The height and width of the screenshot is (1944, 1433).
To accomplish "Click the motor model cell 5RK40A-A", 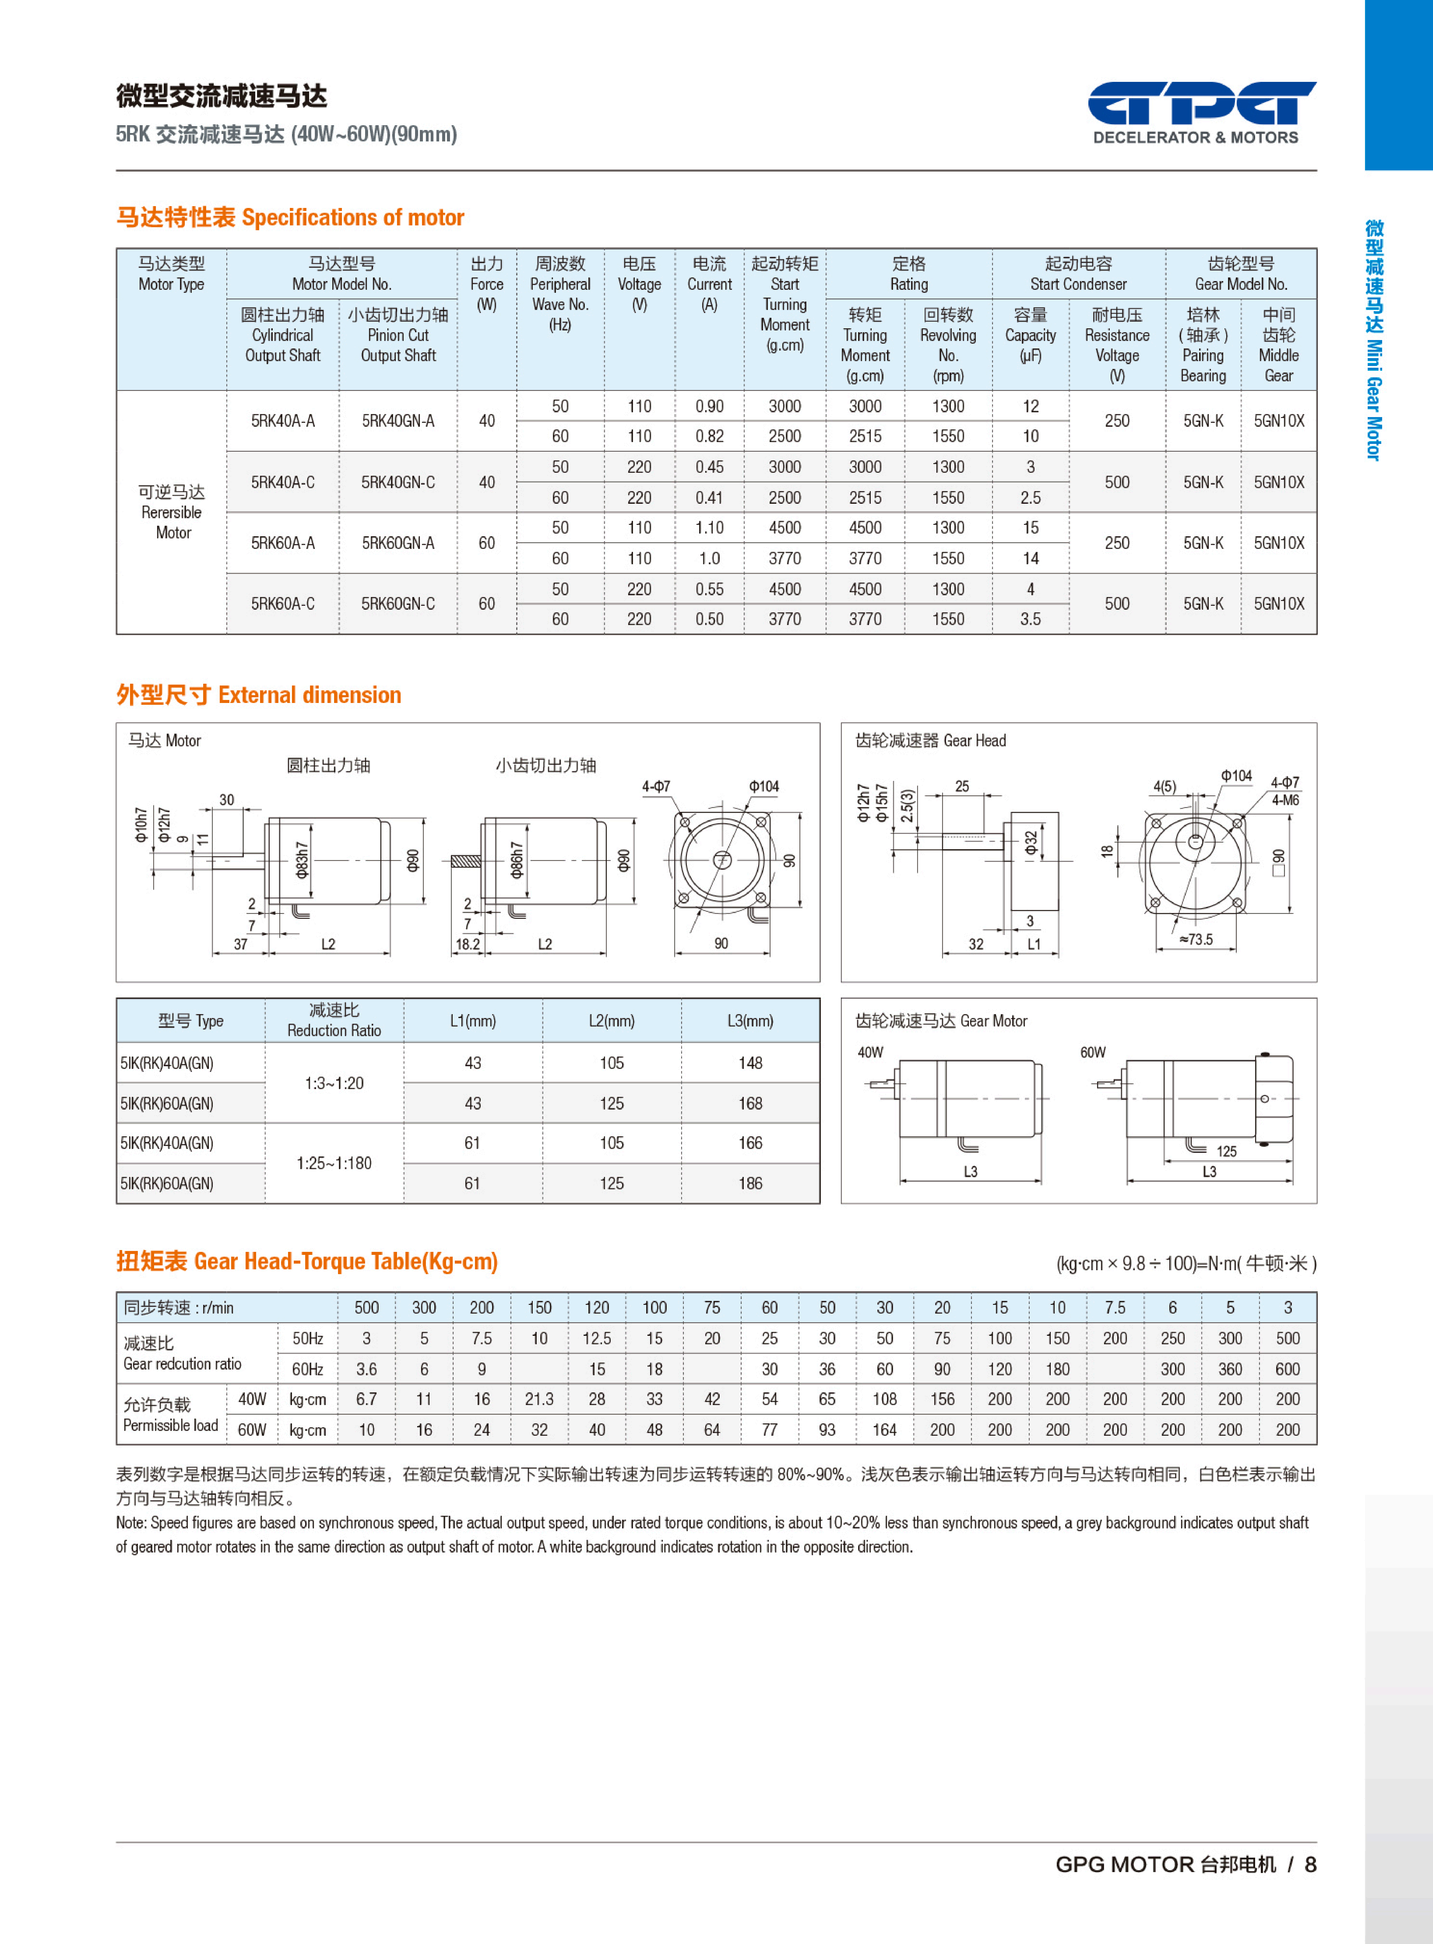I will point(283,420).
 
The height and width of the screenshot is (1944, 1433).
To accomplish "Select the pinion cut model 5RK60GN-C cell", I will point(398,603).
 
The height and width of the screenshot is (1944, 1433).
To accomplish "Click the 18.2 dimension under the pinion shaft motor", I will point(467,944).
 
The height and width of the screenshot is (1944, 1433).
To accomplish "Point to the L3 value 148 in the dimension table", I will point(750,1063).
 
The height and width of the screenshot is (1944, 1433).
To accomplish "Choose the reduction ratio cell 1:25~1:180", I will point(334,1163).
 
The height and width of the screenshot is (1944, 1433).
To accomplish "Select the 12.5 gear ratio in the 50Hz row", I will point(597,1338).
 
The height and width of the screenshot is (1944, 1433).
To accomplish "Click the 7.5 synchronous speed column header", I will point(1115,1308).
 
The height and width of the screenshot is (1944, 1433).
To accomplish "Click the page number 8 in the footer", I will point(1310,1864).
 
